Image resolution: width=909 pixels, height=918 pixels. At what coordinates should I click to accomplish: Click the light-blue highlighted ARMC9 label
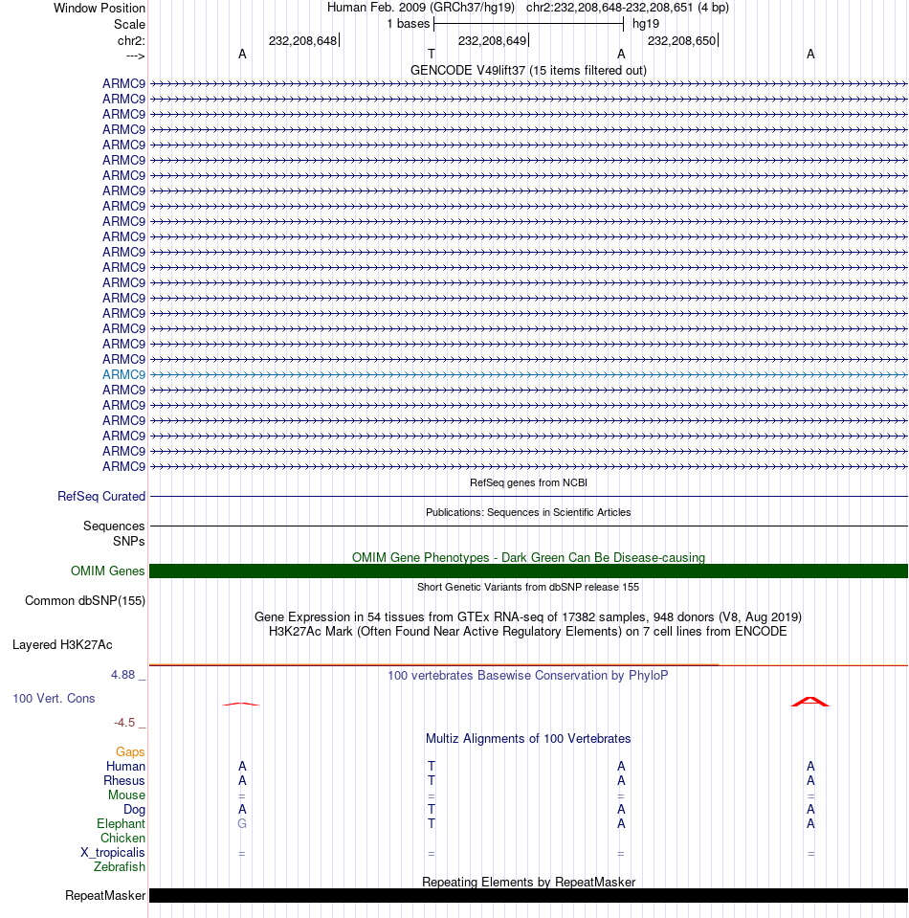pyautogui.click(x=124, y=374)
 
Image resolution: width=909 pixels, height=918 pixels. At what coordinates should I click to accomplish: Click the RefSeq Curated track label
pyautogui.click(x=101, y=497)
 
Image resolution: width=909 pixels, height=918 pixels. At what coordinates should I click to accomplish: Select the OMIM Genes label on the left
pyautogui.click(x=108, y=571)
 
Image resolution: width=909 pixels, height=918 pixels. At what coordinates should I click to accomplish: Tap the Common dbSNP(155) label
pyautogui.click(x=85, y=601)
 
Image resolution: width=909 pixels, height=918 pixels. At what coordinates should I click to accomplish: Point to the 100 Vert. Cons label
pyautogui.click(x=54, y=699)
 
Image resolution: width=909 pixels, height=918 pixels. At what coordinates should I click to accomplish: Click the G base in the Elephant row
pyautogui.click(x=242, y=824)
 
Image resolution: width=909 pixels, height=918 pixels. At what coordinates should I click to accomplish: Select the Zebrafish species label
pyautogui.click(x=120, y=867)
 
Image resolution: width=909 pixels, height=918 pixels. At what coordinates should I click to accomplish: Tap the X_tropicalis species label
pyautogui.click(x=113, y=853)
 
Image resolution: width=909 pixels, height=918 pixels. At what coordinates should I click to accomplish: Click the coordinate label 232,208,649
pyautogui.click(x=492, y=41)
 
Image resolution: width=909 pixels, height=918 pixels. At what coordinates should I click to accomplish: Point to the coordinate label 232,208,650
pyautogui.click(x=681, y=41)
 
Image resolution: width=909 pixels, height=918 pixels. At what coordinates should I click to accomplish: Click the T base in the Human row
pyautogui.click(x=432, y=767)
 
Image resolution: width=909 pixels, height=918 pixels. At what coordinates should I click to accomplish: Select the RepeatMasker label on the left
pyautogui.click(x=105, y=896)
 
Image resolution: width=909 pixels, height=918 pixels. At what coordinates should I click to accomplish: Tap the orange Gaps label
pyautogui.click(x=130, y=752)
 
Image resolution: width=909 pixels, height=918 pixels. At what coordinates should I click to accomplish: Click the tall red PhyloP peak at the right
pyautogui.click(x=810, y=701)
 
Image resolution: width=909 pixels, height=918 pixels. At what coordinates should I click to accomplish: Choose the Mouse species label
pyautogui.click(x=126, y=795)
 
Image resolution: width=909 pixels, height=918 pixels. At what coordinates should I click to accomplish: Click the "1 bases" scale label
pyautogui.click(x=409, y=24)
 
